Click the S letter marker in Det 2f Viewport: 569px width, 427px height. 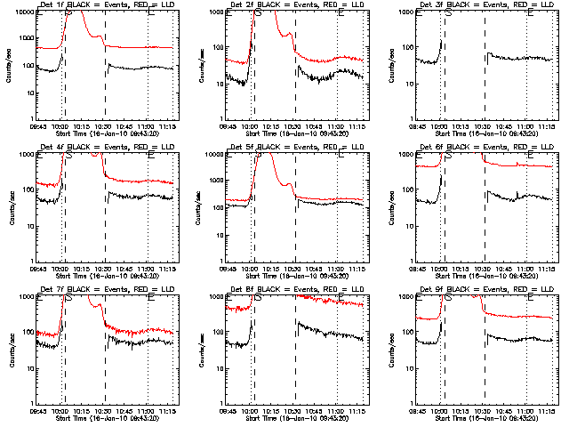tap(258, 13)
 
